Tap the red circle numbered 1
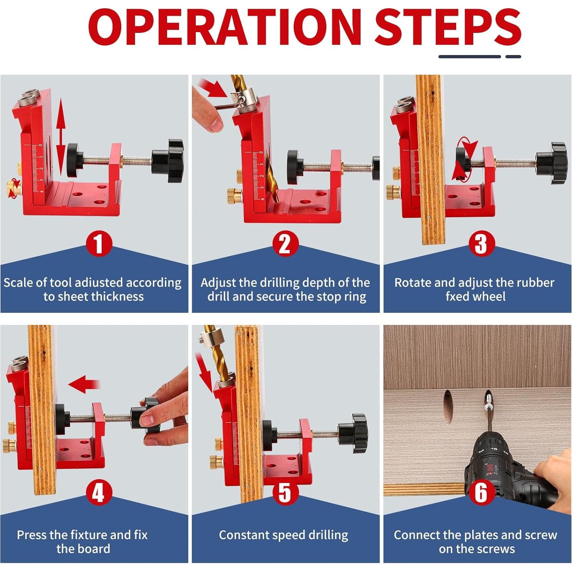(99, 244)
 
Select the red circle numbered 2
(285, 244)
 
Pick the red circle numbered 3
(481, 244)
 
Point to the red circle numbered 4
(99, 492)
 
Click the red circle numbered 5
(285, 492)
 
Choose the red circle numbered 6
(481, 492)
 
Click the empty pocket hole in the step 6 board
(447, 407)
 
